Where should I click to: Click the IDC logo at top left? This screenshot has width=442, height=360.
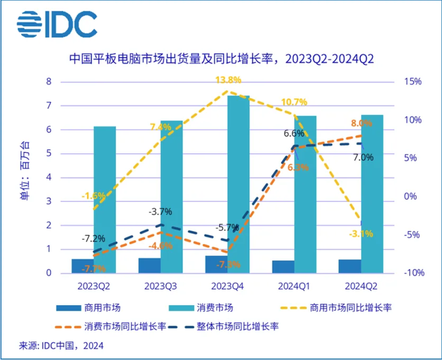point(57,23)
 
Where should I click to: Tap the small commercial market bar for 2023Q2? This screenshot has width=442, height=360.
point(82,266)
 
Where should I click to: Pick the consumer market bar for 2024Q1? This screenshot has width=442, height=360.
point(305,194)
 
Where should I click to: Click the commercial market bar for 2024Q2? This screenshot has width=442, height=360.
point(349,266)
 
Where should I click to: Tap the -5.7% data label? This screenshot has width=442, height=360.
point(227,228)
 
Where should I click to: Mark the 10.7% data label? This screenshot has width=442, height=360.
point(294,101)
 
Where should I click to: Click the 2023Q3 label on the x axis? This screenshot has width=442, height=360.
point(160,285)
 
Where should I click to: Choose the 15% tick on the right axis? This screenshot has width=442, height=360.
point(413,82)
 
